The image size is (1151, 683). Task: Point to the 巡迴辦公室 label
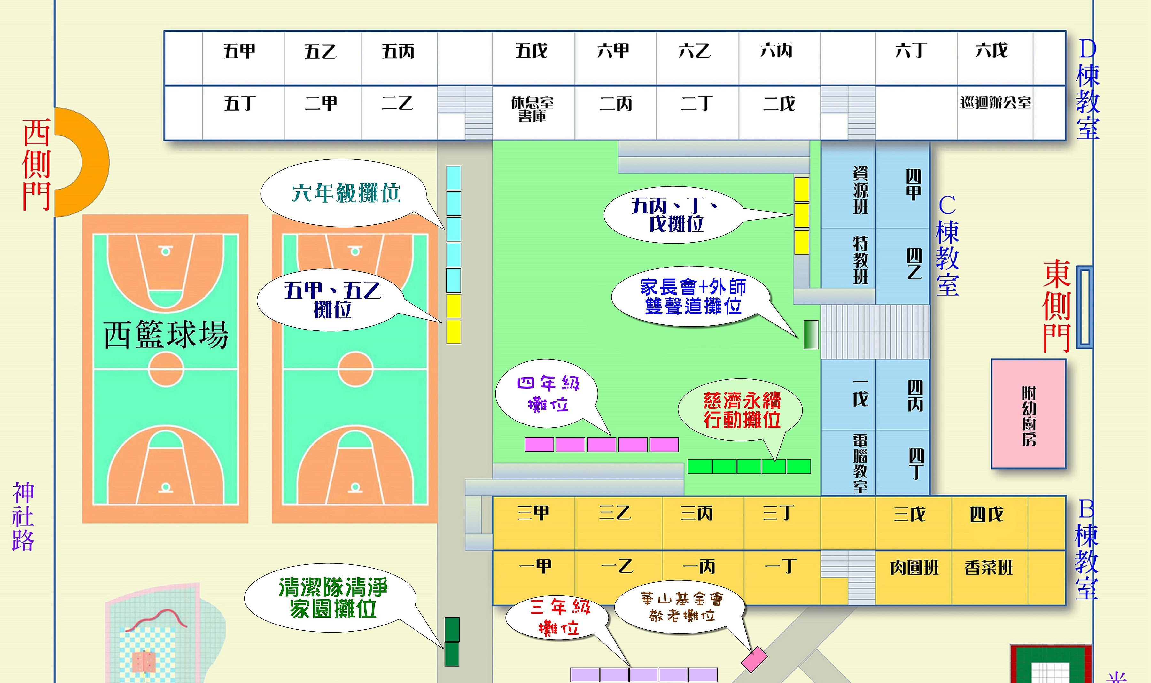(x=995, y=103)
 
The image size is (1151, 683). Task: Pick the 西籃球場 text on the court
(x=166, y=335)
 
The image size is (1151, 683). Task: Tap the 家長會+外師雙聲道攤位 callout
(x=693, y=296)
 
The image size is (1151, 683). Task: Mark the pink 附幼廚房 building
(x=1029, y=414)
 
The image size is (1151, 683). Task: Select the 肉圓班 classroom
(x=914, y=568)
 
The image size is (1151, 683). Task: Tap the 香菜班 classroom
(x=989, y=568)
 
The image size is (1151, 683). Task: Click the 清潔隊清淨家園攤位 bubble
(x=332, y=598)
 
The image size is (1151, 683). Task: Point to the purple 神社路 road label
(x=23, y=516)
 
